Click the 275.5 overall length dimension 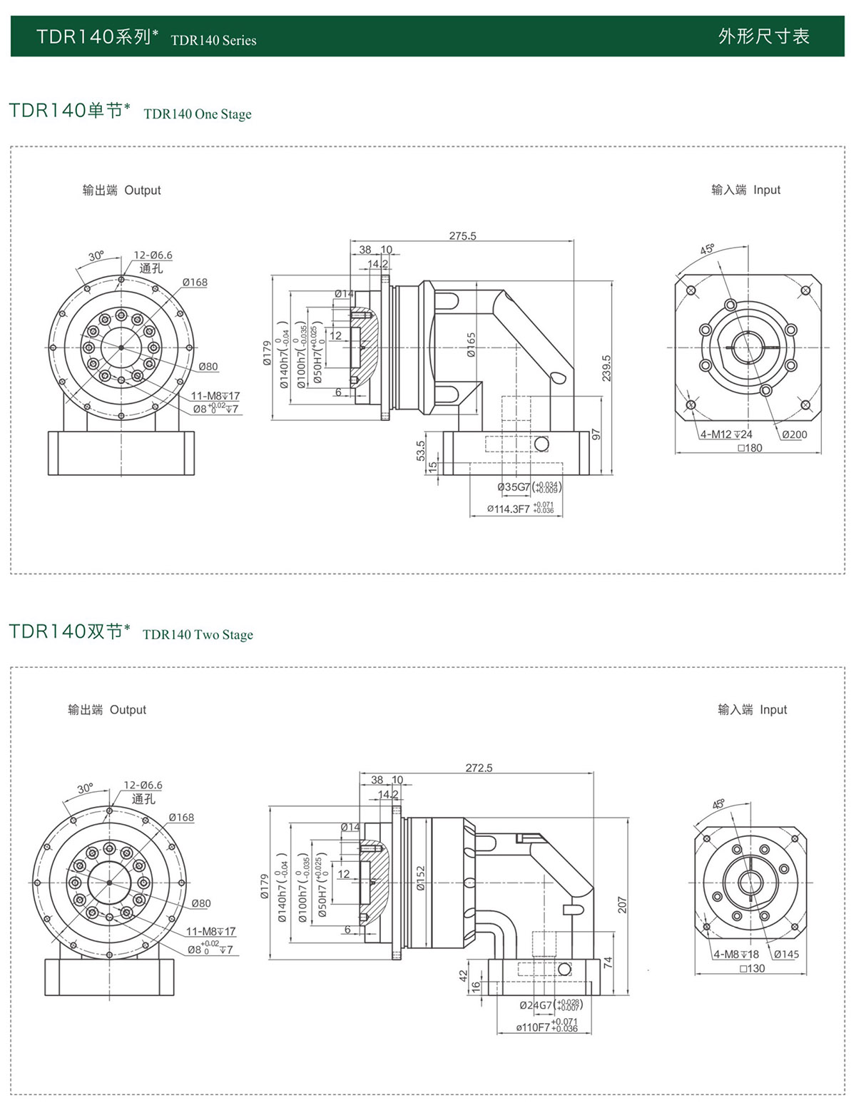point(462,236)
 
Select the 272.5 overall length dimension point(479,768)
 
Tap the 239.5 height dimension point(606,368)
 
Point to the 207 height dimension point(622,905)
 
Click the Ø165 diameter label point(471,345)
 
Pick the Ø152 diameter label point(420,878)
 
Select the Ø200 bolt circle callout point(794,434)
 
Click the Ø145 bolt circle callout point(786,955)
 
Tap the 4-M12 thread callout point(726,434)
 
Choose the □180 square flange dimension point(750,448)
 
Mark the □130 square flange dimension point(753,969)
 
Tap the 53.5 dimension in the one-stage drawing point(421,450)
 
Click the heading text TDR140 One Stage point(198,114)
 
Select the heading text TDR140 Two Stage point(198,635)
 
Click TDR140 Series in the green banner point(213,41)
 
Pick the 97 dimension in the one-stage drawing point(596,434)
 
